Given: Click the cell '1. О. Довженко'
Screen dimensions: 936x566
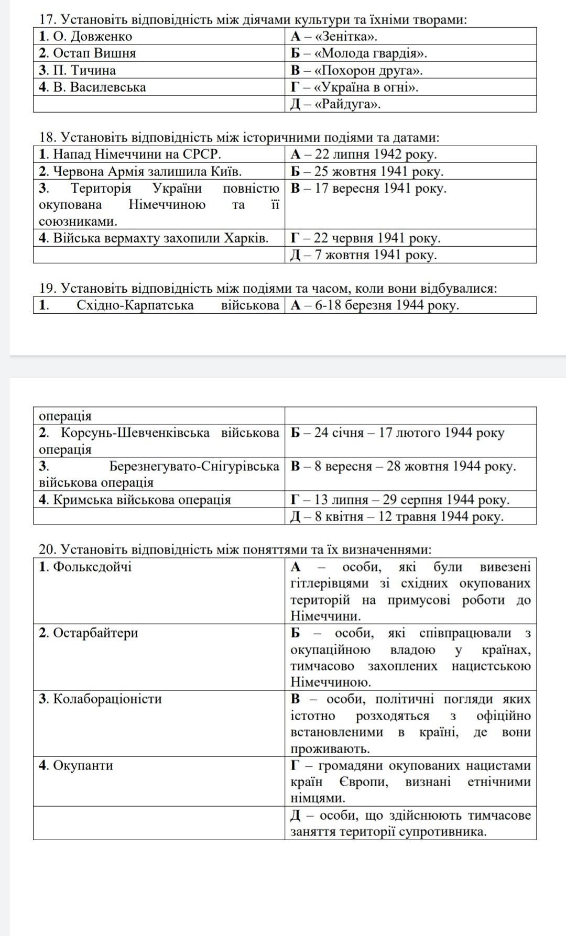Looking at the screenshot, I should (86, 37).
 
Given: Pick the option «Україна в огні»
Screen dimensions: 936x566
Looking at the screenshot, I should (355, 87).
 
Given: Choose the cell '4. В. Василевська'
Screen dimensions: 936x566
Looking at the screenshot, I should (93, 87).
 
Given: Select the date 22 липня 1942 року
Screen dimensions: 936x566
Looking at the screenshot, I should (364, 155).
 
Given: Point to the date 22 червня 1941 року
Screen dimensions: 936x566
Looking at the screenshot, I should (366, 238).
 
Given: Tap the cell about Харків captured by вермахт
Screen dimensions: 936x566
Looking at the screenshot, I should (154, 238).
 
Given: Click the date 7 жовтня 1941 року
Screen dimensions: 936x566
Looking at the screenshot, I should (364, 255).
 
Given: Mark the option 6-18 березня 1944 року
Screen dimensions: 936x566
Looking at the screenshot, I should (375, 305).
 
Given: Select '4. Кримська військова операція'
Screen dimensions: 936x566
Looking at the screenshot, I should (135, 500).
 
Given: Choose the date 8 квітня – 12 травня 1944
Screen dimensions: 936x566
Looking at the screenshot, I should (397, 516).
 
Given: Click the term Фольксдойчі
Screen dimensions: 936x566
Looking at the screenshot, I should (85, 567).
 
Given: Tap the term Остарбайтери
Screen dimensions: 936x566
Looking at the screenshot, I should (89, 633).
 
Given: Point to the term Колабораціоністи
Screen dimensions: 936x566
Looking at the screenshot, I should (101, 699).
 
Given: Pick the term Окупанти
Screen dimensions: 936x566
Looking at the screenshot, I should (76, 765).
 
